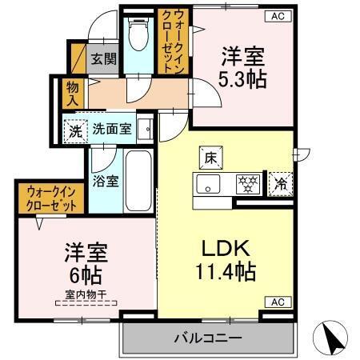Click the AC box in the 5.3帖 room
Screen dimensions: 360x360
[276, 14]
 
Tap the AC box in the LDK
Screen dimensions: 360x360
[276, 302]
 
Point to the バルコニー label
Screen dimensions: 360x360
[208, 339]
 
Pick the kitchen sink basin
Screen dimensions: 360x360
[210, 184]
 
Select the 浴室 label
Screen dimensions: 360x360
[105, 181]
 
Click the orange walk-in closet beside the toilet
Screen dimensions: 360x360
[177, 40]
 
